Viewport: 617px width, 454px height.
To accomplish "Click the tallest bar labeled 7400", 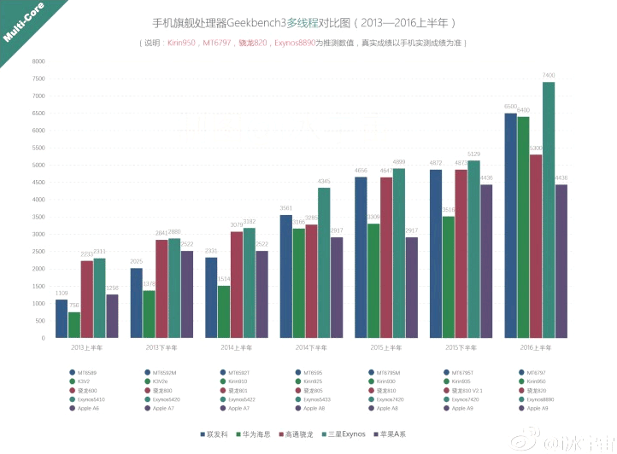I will point(548,209).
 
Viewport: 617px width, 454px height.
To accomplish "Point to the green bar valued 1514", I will point(224,311).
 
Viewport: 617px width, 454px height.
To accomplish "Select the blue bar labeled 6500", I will point(510,225).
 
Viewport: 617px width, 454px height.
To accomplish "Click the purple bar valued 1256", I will point(112,316).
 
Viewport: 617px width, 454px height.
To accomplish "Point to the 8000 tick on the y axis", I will point(38,61).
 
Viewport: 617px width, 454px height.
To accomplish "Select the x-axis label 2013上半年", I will point(86,347).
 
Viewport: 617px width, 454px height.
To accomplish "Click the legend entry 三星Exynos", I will point(345,434).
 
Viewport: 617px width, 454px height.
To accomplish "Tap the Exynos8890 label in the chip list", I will point(540,399).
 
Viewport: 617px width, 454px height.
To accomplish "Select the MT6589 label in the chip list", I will point(86,372).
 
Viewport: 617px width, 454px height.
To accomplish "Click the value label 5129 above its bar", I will point(473,154).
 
